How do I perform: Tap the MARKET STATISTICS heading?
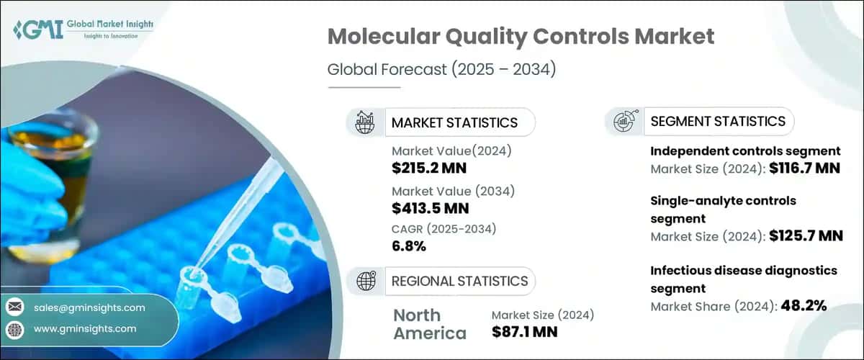(x=454, y=122)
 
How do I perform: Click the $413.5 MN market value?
(x=430, y=209)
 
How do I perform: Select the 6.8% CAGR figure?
(x=408, y=246)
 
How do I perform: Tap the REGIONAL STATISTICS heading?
(x=459, y=281)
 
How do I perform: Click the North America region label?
(x=431, y=324)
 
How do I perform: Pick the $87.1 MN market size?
(x=524, y=332)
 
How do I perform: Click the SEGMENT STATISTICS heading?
(x=718, y=121)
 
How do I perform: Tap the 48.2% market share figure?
(x=801, y=305)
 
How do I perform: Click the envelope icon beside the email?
(x=14, y=307)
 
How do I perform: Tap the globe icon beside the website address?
(x=14, y=329)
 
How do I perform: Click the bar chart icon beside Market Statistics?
(x=365, y=122)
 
